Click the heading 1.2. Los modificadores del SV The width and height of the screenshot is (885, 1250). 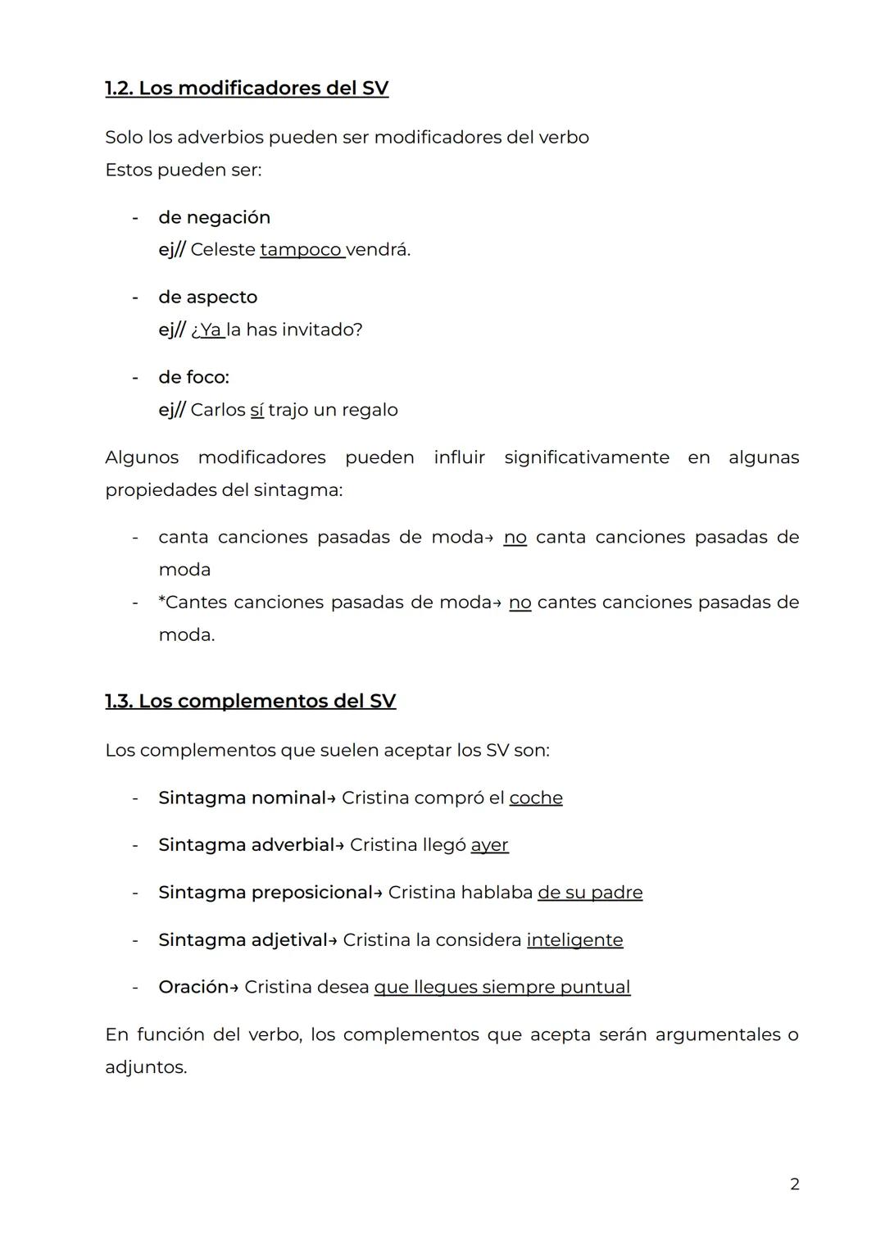coord(247,89)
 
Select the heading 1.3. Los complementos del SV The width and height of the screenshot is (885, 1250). coord(250,701)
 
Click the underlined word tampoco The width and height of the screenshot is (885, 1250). coord(301,249)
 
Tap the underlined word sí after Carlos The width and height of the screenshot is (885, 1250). coord(256,410)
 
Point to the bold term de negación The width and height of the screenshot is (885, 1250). coord(214,217)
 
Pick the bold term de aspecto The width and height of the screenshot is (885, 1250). coord(207,297)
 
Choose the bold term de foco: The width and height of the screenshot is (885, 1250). coord(193,377)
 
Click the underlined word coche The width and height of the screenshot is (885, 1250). coord(535,798)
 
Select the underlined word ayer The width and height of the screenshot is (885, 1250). coord(489,844)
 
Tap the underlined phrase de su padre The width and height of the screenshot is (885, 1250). coord(590,892)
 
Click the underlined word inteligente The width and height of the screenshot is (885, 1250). coord(574,939)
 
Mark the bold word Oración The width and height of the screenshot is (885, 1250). coord(193,987)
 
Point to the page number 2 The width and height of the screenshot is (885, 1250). coord(794,1184)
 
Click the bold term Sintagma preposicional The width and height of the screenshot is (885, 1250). coord(265,892)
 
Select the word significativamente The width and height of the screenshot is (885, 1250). coord(586,457)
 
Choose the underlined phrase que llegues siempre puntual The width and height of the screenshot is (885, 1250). coord(501,987)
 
